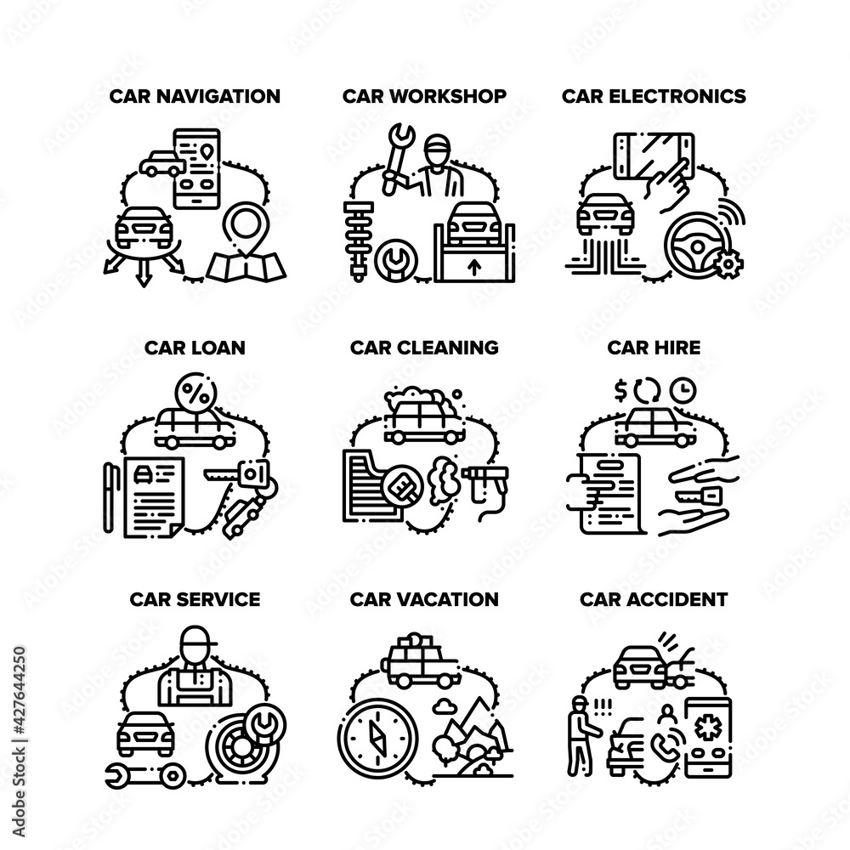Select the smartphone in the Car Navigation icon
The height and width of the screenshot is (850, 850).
(196, 168)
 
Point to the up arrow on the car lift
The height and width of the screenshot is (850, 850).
(475, 266)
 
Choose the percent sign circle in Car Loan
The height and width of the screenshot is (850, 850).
(196, 394)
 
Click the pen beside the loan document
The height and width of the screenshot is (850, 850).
(109, 497)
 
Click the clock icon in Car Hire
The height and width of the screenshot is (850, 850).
(683, 390)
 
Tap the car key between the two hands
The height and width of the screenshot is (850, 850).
(696, 495)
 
